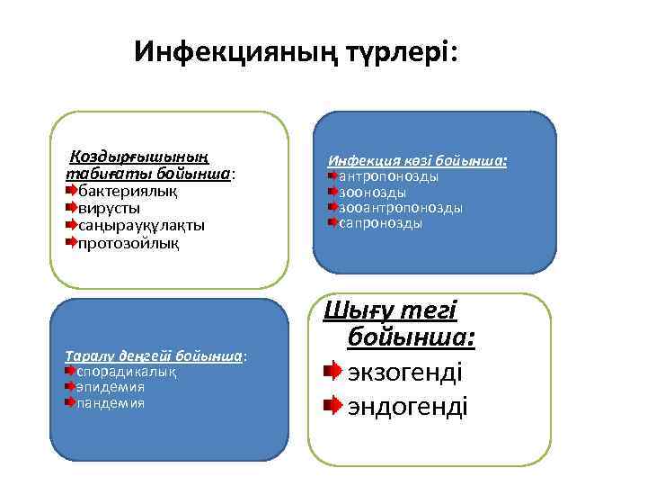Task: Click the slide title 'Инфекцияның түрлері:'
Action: [x=296, y=51]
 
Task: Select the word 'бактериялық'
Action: [x=128, y=191]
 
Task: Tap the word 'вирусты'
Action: [x=109, y=208]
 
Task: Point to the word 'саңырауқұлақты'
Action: [x=141, y=225]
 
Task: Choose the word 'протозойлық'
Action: [x=129, y=242]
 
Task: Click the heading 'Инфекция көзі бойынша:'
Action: [x=417, y=161]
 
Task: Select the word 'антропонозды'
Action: [x=388, y=176]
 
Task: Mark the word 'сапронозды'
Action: [x=380, y=223]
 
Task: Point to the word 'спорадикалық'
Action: [x=125, y=371]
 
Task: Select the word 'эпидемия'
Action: [x=110, y=387]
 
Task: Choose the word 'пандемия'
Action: [x=110, y=402]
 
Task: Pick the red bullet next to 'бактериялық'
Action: [x=71, y=191]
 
